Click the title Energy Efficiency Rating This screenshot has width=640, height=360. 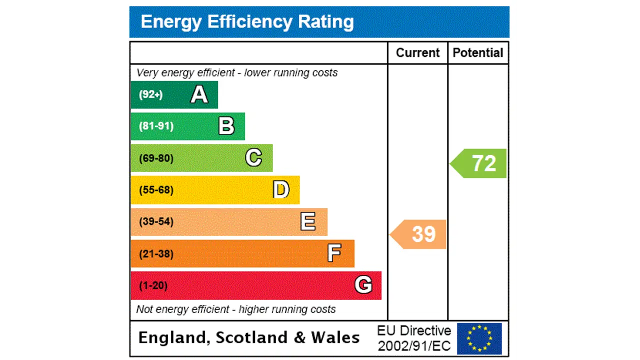coord(247,22)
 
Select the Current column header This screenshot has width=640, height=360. coord(417,53)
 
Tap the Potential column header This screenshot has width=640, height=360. coord(477,53)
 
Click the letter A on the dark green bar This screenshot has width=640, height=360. coord(199,94)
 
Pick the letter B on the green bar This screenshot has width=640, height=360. coord(226,126)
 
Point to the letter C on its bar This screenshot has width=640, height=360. coord(253,158)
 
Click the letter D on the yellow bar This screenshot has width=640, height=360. coord(281,190)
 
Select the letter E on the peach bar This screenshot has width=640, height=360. coord(308,221)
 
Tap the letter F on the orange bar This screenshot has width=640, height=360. coord(334,253)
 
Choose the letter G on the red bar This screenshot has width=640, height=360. coord(363,285)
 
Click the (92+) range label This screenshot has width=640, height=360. coord(150,94)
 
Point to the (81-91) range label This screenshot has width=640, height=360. coord(156,126)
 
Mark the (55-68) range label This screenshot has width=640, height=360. coord(156,190)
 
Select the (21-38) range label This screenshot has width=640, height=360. coord(156,254)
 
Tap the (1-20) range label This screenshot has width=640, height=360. coord(153,285)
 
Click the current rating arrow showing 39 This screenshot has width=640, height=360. coord(419,234)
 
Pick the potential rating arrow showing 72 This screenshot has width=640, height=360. coord(479,163)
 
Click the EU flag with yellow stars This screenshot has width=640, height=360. coord(479,338)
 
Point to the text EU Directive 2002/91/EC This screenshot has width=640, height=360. coord(414,338)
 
